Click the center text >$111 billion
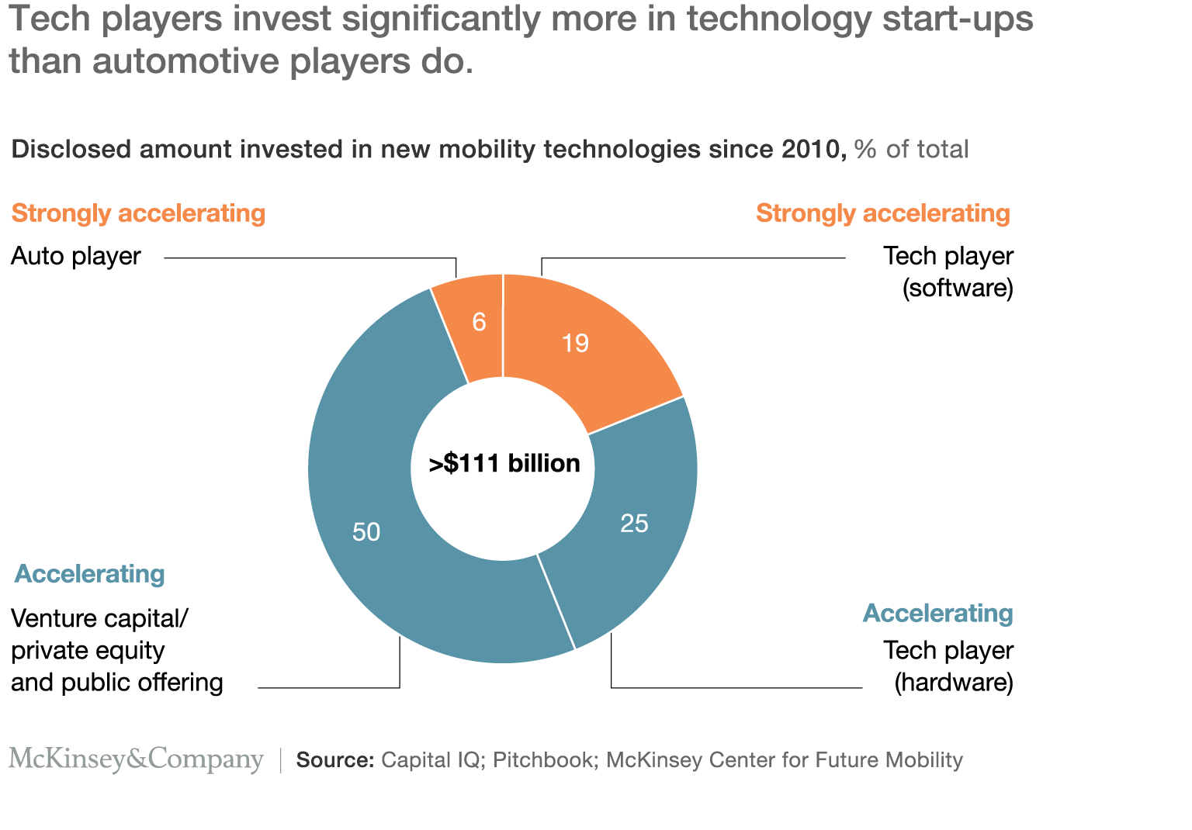(504, 464)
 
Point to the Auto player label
(76, 257)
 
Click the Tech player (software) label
(948, 271)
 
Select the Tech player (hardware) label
(948, 666)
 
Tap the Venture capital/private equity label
(116, 650)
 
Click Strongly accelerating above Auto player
(138, 213)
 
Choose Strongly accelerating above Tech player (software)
(883, 213)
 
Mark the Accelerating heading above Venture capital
(90, 574)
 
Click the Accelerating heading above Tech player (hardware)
(937, 614)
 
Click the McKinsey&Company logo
(137, 759)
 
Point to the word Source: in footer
(335, 760)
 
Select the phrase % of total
(911, 149)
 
